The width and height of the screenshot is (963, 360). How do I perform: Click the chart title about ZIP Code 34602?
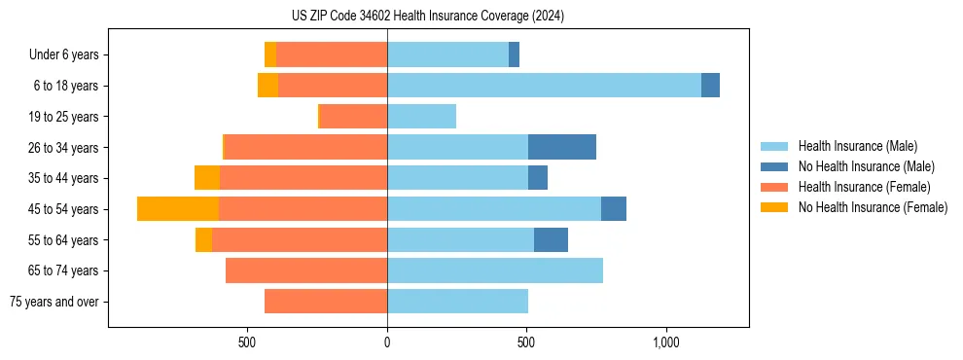428,17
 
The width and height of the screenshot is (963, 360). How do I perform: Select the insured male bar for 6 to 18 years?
544,86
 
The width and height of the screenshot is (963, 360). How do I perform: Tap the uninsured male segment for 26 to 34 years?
562,147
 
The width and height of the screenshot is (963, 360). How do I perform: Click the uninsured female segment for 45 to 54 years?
178,209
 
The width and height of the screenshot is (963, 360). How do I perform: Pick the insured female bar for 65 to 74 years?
306,270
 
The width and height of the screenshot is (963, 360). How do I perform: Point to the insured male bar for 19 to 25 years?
421,117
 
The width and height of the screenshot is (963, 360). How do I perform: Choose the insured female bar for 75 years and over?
326,302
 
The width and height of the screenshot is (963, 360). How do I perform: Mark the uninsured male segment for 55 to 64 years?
551,239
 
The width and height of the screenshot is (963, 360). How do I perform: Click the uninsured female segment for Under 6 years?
270,54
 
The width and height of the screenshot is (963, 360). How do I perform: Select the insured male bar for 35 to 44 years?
457,178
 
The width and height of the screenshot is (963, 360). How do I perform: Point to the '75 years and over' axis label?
53,302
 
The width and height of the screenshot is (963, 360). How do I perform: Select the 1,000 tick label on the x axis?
666,343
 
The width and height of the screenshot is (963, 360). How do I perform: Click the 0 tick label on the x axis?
387,343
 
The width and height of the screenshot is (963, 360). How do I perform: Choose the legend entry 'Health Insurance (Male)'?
857,146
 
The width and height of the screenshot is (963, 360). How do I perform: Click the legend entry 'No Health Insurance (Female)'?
873,207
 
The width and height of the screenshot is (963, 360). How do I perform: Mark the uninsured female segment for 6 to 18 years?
267,86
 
